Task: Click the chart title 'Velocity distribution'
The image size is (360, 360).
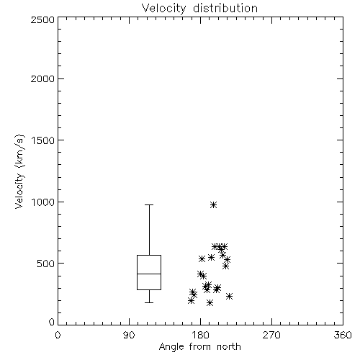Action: [x=199, y=9]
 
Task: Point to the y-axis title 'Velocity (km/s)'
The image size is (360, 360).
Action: [x=19, y=172]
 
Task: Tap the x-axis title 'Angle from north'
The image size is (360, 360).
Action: [x=199, y=347]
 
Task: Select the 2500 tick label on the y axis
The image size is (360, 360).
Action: [x=42, y=19]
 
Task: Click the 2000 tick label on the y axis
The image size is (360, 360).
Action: [x=42, y=78]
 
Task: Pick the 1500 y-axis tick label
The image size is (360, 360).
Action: [x=43, y=140]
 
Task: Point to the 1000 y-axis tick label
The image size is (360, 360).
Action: [x=43, y=202]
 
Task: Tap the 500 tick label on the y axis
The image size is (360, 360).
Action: [x=46, y=264]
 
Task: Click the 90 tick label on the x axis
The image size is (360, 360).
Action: [x=129, y=335]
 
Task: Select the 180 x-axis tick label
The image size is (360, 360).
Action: [x=201, y=335]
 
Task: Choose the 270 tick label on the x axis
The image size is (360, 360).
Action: [x=271, y=335]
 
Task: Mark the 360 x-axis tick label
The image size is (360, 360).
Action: [x=343, y=335]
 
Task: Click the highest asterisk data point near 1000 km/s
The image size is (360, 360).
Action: [x=213, y=205]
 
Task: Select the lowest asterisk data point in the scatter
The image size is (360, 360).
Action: [x=210, y=302]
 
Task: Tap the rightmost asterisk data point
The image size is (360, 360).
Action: [x=229, y=297]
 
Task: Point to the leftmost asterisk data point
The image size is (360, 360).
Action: [x=191, y=300]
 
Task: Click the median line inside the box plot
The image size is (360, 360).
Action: [x=149, y=274]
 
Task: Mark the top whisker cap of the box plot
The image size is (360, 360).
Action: [x=149, y=205]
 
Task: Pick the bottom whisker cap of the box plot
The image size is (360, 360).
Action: [x=149, y=302]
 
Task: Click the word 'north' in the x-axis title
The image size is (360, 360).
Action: [x=229, y=347]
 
